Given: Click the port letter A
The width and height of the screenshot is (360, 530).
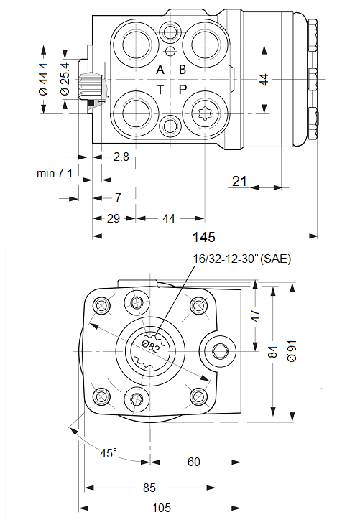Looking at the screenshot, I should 161,70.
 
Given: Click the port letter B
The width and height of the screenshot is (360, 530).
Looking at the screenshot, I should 183,70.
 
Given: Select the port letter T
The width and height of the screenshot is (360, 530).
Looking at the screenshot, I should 161,89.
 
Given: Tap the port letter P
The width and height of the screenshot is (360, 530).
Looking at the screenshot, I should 183,89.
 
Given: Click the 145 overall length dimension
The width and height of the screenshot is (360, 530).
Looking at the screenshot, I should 204,238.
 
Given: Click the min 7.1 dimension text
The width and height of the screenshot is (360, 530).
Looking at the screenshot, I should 55,173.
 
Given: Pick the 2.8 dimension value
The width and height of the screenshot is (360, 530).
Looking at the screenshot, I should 121,157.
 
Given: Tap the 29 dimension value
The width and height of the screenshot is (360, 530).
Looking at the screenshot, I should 114,219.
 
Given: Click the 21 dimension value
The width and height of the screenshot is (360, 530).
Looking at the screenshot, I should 239,182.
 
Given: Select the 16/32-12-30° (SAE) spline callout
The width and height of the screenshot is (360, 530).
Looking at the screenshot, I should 241,259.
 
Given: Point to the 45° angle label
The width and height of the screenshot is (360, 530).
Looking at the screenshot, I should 108,453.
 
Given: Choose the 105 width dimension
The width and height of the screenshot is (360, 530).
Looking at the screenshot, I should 162,508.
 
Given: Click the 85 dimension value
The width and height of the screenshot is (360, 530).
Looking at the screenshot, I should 149,488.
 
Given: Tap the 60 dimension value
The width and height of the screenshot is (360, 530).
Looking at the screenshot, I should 193,462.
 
